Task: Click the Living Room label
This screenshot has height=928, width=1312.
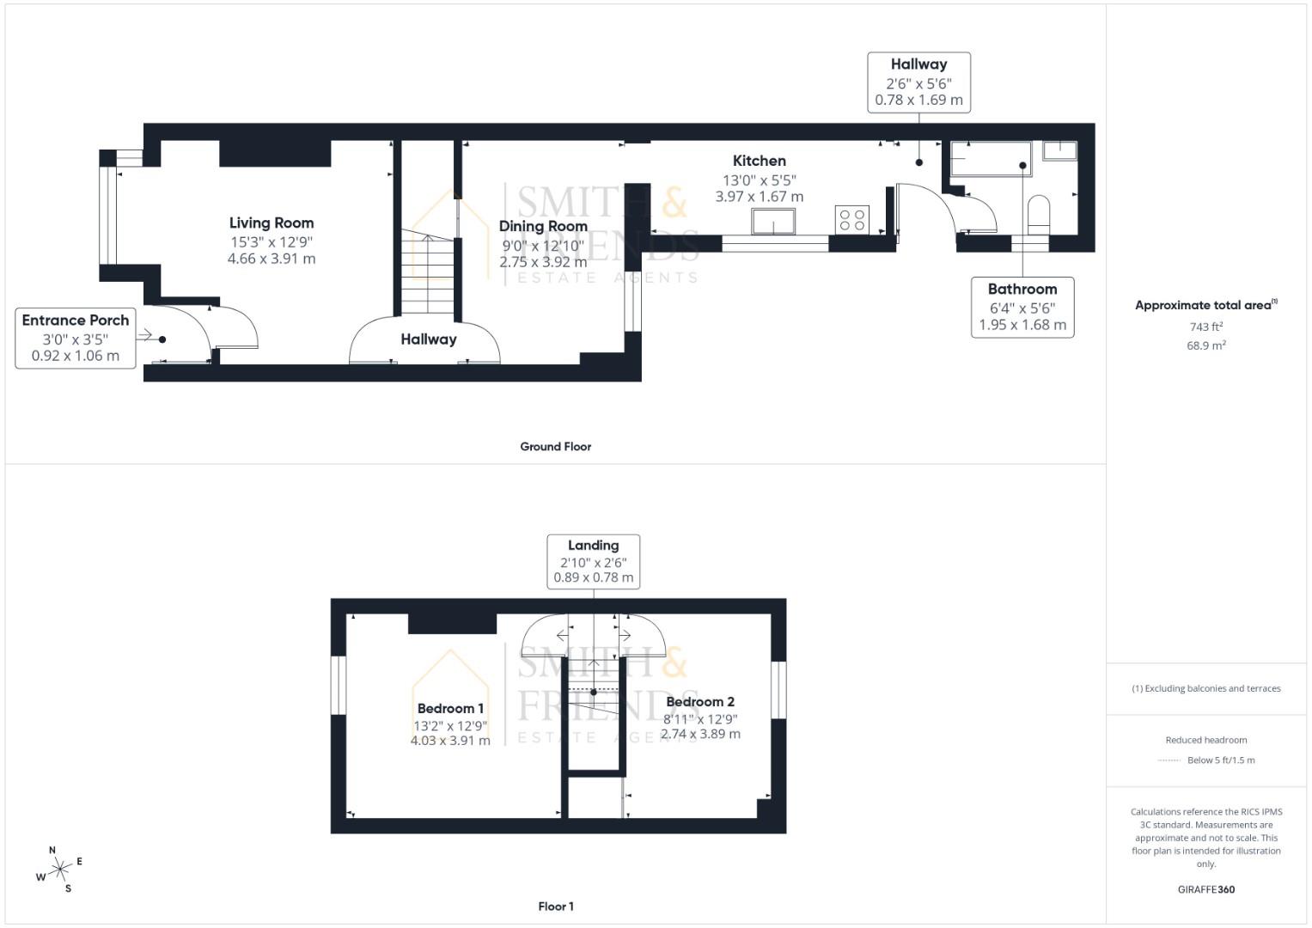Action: (x=272, y=223)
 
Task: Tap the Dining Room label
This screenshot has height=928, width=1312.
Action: (x=543, y=226)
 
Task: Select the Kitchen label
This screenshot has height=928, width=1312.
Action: (x=759, y=161)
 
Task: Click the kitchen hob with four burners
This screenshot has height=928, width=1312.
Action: (x=852, y=220)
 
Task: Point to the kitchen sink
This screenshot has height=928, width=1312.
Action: (x=773, y=222)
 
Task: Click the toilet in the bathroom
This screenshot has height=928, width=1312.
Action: (x=1039, y=215)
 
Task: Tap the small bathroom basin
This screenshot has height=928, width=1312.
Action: (x=1060, y=150)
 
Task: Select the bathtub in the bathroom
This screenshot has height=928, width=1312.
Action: (x=991, y=159)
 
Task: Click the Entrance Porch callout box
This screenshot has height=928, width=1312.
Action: (x=76, y=338)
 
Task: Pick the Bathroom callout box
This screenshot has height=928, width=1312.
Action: (x=1022, y=307)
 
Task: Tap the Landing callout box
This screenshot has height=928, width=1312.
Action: (x=594, y=561)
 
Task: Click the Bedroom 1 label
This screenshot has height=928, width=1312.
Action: (x=450, y=708)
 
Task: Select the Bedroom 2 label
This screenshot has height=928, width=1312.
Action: (x=700, y=701)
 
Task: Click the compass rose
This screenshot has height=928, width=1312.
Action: (x=59, y=870)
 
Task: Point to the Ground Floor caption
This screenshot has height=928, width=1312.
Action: (x=556, y=447)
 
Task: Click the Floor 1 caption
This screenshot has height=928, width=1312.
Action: (x=556, y=907)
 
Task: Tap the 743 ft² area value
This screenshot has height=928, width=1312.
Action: (x=1206, y=327)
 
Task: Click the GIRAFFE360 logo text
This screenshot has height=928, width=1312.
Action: (x=1206, y=889)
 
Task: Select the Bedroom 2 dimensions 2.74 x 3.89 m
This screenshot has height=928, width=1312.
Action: (x=700, y=734)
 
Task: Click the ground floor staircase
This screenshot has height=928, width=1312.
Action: (x=428, y=272)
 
